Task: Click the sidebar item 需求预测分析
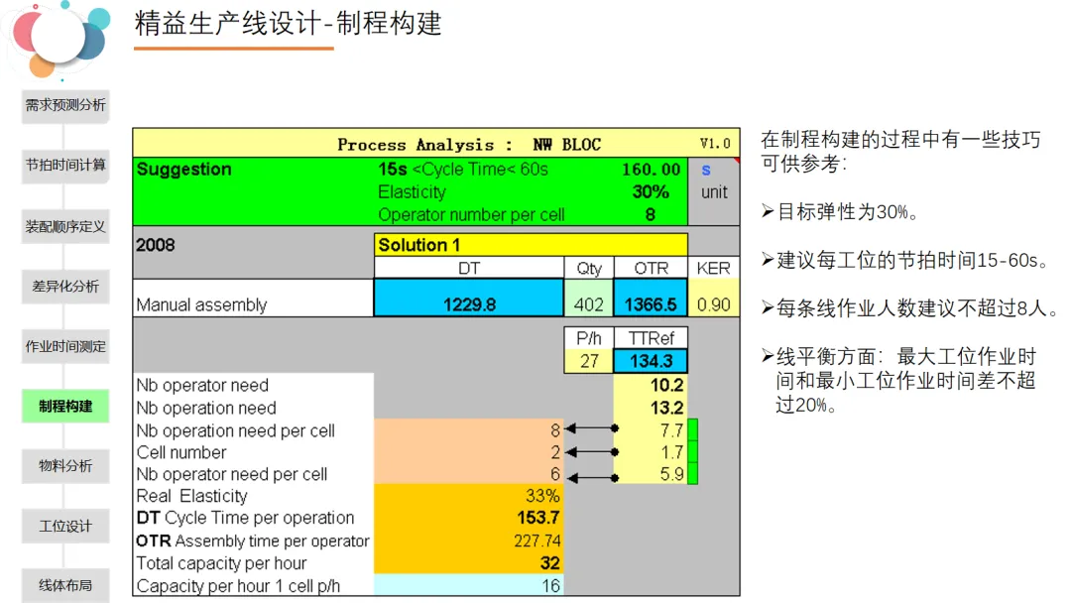[x=65, y=105]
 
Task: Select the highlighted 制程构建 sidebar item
[x=65, y=407]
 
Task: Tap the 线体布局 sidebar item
[x=65, y=585]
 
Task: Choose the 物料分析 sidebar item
[x=65, y=466]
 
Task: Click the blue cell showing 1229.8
[x=469, y=304]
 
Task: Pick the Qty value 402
[x=589, y=304]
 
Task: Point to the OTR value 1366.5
[x=651, y=304]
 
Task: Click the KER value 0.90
[x=713, y=304]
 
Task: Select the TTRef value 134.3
[x=651, y=361]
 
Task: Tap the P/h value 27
[x=589, y=361]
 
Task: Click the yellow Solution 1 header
[x=532, y=245]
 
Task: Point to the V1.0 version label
[x=714, y=144]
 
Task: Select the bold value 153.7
[x=538, y=518]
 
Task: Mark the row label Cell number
[x=181, y=452]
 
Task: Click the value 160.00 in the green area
[x=652, y=170]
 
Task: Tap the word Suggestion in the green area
[x=184, y=170]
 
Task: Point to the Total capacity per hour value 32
[x=549, y=563]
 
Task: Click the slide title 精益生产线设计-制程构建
[x=289, y=24]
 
